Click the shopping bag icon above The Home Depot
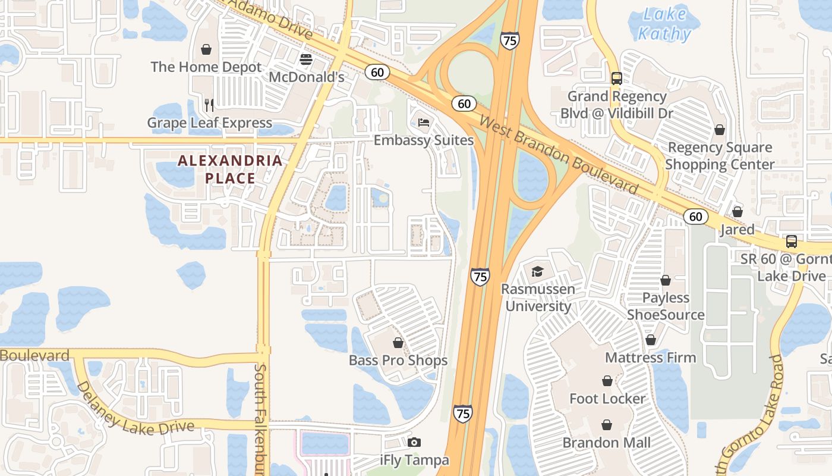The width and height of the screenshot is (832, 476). [x=206, y=49]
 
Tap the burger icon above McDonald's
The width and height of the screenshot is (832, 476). [x=306, y=59]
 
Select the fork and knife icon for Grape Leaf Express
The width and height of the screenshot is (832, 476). [x=209, y=105]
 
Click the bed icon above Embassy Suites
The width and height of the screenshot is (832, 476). [x=423, y=123]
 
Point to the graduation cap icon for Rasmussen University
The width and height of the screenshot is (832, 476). [x=537, y=272]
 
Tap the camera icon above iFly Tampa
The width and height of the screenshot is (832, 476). [x=414, y=442]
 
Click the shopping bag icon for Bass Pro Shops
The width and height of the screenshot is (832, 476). [x=398, y=343]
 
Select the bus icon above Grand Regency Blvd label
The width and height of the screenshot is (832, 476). [x=617, y=78]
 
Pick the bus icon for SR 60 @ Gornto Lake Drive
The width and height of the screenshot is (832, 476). [x=792, y=241]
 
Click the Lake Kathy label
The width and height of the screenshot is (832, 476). [x=664, y=24]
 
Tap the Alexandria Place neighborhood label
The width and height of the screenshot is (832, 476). [x=230, y=169]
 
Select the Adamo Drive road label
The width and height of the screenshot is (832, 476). [x=270, y=18]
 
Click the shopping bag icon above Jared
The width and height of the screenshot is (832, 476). [x=738, y=212]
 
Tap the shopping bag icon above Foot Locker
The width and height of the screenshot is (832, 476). [x=607, y=381]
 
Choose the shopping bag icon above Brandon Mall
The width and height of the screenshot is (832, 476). [x=607, y=425]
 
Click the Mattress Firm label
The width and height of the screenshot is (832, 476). [x=650, y=358]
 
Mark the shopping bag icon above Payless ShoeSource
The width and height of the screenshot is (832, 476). [x=666, y=280]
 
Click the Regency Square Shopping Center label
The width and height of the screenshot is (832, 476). [x=720, y=155]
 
